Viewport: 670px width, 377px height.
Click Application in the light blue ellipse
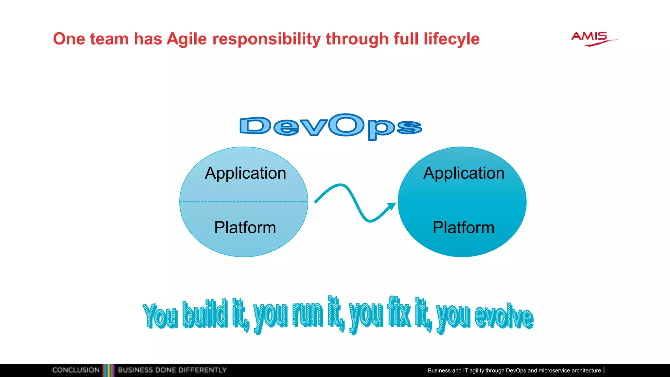(x=245, y=173)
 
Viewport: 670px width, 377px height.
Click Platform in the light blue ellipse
(x=245, y=227)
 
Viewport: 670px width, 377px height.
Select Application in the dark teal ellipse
(x=464, y=173)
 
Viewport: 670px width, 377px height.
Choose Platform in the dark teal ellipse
(x=463, y=227)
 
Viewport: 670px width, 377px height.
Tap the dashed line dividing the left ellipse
(x=244, y=202)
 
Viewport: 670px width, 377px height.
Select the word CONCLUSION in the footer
(x=76, y=370)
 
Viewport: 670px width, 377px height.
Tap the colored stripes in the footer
(x=108, y=370)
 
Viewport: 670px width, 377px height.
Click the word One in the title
(x=69, y=39)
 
